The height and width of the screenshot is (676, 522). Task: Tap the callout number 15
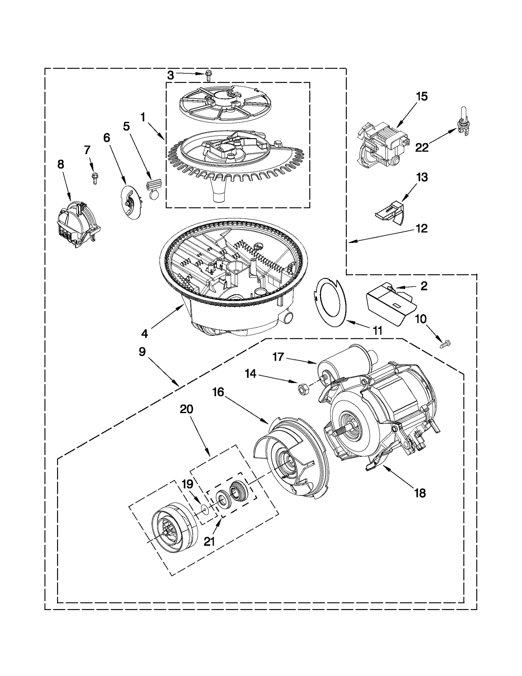click(421, 97)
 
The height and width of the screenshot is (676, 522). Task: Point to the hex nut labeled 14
click(302, 389)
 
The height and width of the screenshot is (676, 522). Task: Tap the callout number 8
click(61, 164)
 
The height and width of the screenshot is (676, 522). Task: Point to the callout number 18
click(420, 493)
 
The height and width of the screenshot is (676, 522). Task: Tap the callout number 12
click(422, 229)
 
